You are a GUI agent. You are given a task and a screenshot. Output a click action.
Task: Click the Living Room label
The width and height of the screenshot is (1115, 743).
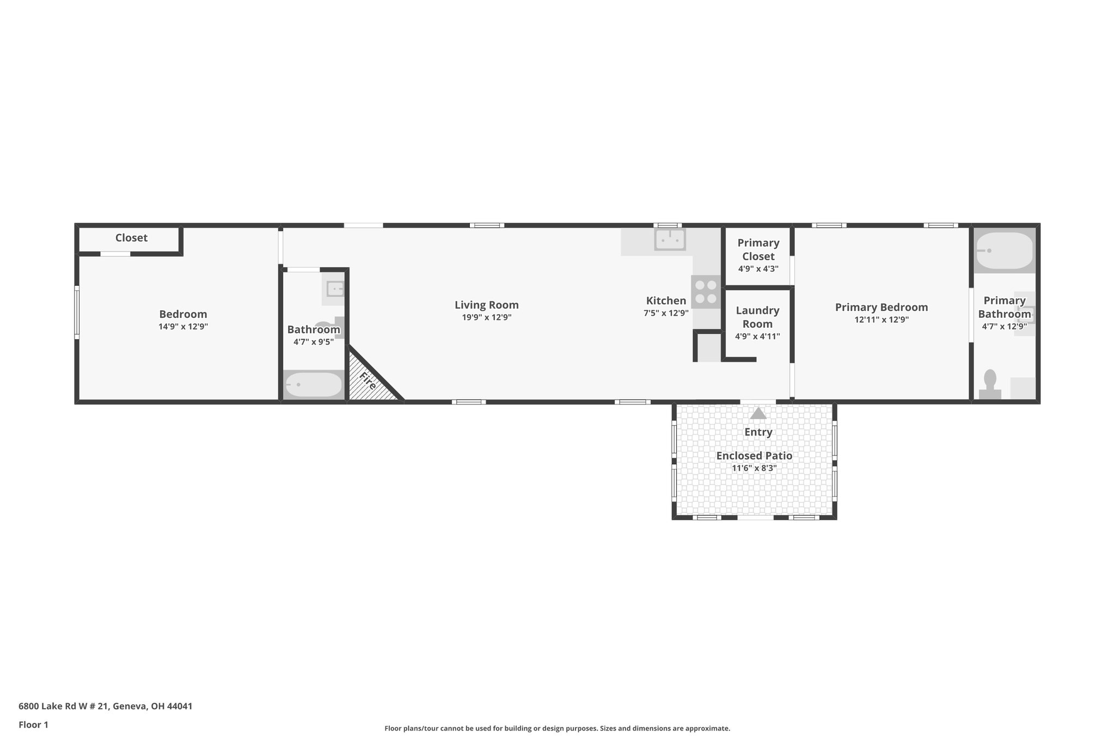click(486, 305)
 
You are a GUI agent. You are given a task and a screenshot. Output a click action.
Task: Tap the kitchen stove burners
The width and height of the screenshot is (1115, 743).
click(706, 292)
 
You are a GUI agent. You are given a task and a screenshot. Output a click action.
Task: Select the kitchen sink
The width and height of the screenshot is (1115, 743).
click(670, 240)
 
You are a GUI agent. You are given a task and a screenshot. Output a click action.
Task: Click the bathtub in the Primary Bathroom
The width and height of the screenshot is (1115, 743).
click(1004, 251)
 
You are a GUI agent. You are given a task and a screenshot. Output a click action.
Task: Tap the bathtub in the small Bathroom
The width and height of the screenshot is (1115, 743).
click(314, 385)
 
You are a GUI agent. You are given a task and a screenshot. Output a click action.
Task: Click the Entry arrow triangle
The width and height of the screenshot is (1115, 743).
click(758, 414)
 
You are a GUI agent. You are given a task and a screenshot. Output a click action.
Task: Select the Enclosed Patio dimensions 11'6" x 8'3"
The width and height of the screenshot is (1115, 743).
click(754, 468)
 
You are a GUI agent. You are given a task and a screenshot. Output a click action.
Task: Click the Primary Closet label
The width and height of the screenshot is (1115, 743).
click(758, 249)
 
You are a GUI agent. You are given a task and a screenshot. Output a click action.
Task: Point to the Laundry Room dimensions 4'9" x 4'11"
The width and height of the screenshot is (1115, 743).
click(757, 336)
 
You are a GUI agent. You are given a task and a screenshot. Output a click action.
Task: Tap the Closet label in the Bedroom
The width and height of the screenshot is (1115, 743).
click(131, 238)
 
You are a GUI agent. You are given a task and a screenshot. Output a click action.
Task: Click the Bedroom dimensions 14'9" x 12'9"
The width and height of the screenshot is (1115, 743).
click(183, 327)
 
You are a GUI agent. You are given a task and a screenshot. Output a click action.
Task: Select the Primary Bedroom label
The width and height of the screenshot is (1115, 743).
click(881, 307)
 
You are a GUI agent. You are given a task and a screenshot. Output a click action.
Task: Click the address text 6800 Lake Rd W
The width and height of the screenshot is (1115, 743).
click(105, 707)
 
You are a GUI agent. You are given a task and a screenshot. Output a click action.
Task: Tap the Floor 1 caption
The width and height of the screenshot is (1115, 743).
click(33, 724)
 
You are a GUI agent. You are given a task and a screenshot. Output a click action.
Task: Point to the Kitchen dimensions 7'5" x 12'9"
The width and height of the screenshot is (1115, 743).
click(666, 313)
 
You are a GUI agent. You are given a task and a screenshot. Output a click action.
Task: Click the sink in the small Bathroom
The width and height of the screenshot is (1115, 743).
click(334, 288)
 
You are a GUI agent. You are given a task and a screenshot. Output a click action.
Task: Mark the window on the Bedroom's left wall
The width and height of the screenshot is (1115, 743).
click(77, 312)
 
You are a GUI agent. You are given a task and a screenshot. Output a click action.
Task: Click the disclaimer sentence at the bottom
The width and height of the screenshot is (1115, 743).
click(557, 728)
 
